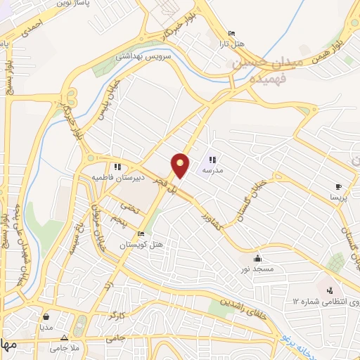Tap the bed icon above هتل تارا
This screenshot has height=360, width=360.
[231, 33]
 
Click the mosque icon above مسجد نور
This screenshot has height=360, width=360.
[258, 257]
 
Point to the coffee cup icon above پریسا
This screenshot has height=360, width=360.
[338, 186]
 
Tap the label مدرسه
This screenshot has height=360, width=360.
[212, 170]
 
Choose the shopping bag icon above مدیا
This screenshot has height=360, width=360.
[46, 316]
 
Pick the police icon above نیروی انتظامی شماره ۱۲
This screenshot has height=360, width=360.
[329, 290]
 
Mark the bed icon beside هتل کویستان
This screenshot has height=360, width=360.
[141, 233]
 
